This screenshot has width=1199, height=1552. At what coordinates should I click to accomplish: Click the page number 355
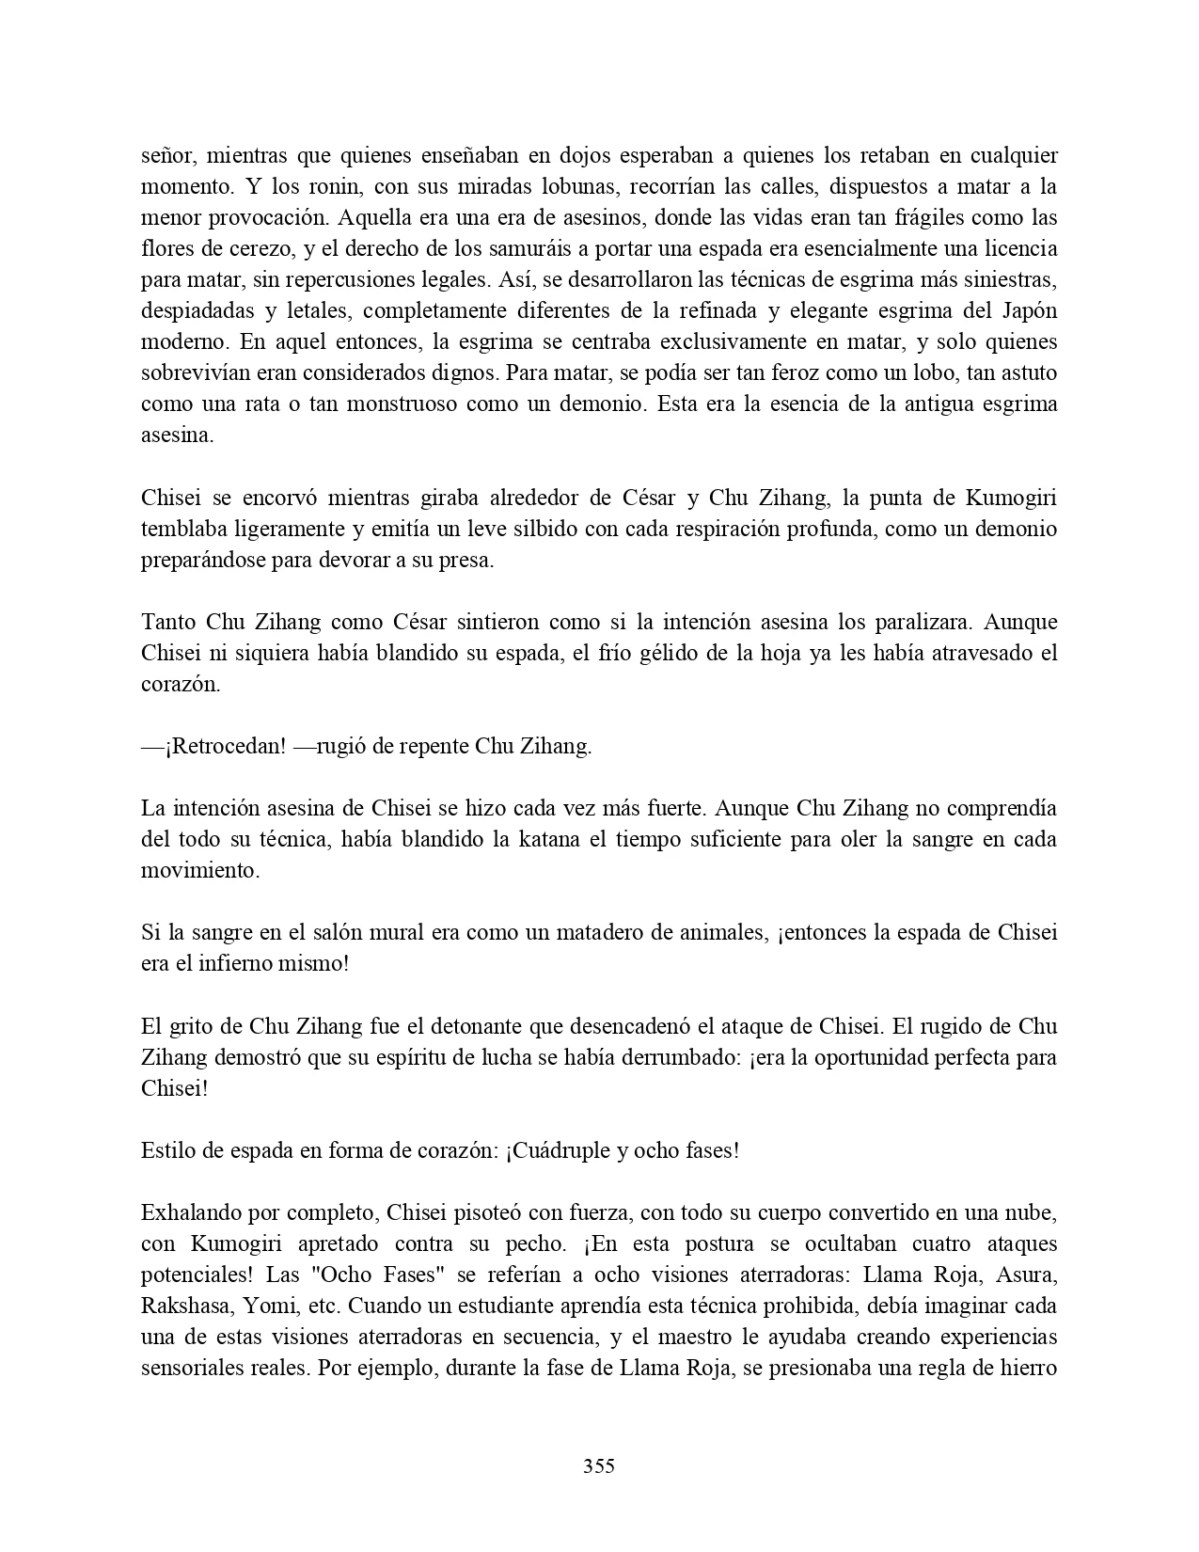(598, 1465)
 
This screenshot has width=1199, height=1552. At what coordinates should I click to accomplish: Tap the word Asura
(1030, 1275)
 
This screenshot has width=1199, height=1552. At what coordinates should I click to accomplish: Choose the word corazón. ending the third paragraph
(181, 685)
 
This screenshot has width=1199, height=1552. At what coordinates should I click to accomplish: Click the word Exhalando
(186, 1213)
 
